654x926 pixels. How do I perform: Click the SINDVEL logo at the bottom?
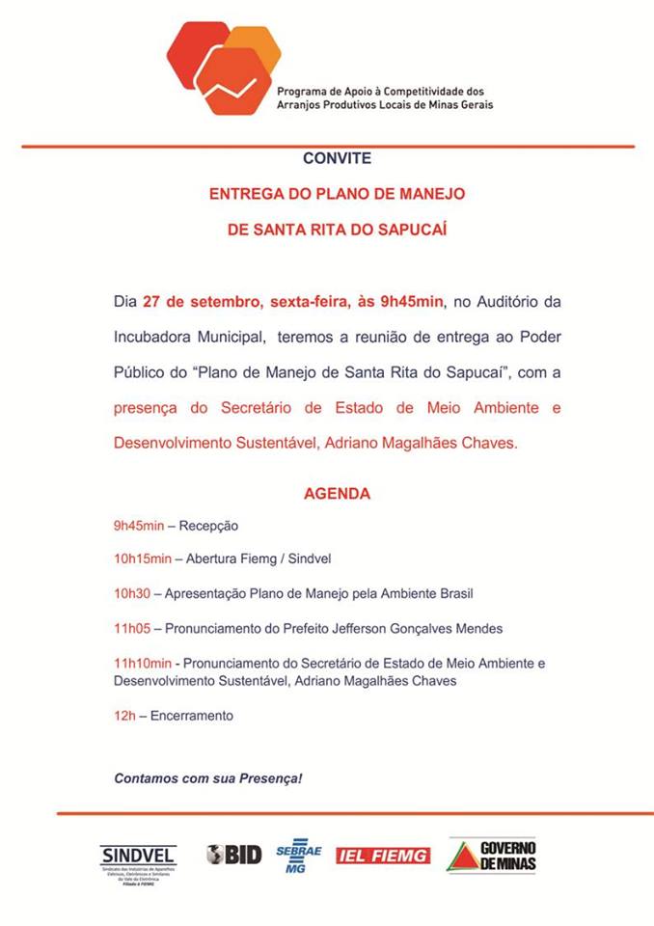(138, 860)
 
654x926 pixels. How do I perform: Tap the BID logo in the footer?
(232, 854)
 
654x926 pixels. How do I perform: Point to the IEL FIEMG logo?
(383, 855)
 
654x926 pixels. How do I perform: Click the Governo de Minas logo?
(491, 856)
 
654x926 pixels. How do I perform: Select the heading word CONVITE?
(337, 158)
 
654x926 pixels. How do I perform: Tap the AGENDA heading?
(337, 493)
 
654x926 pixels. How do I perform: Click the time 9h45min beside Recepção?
(139, 526)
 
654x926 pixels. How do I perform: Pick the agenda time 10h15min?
(143, 558)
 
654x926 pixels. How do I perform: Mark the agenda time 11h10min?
(143, 664)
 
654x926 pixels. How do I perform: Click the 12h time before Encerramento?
(123, 716)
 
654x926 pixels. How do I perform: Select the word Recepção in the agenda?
(209, 526)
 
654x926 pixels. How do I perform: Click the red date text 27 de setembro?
(198, 302)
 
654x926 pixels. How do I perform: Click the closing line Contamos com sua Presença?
(208, 776)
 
